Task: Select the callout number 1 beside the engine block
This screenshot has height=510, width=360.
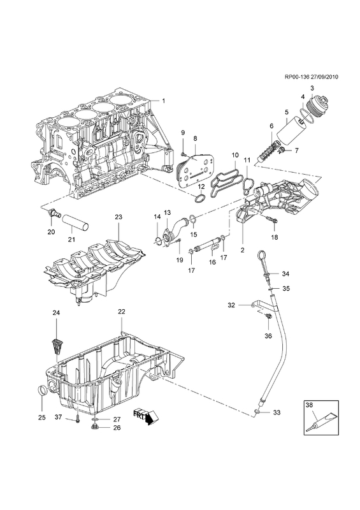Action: click(164, 101)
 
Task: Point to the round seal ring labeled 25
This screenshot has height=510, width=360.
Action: click(42, 391)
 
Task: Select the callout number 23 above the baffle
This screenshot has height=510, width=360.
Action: click(119, 217)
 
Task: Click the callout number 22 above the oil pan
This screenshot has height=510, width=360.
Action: click(121, 311)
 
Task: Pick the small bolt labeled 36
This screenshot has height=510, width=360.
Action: click(268, 316)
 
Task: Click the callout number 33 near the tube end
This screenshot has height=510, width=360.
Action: click(277, 412)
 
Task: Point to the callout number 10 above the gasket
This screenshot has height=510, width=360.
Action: click(235, 155)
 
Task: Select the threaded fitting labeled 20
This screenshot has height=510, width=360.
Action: click(52, 214)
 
